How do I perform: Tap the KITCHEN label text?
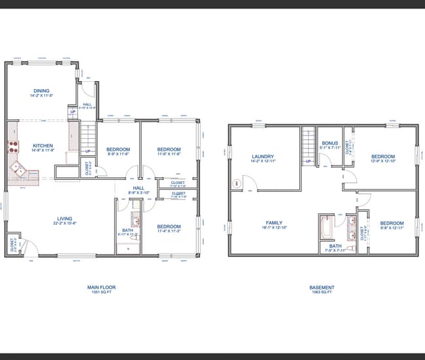click(42, 146)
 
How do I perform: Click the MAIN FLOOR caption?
click(101, 287)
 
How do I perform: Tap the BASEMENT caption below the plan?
click(322, 287)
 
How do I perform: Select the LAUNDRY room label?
click(262, 156)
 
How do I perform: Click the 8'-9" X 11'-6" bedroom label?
click(118, 150)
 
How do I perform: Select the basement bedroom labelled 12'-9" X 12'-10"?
click(382, 156)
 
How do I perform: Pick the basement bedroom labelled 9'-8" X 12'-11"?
click(392, 223)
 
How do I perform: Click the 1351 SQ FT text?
click(101, 292)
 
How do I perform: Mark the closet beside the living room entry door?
click(13, 244)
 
